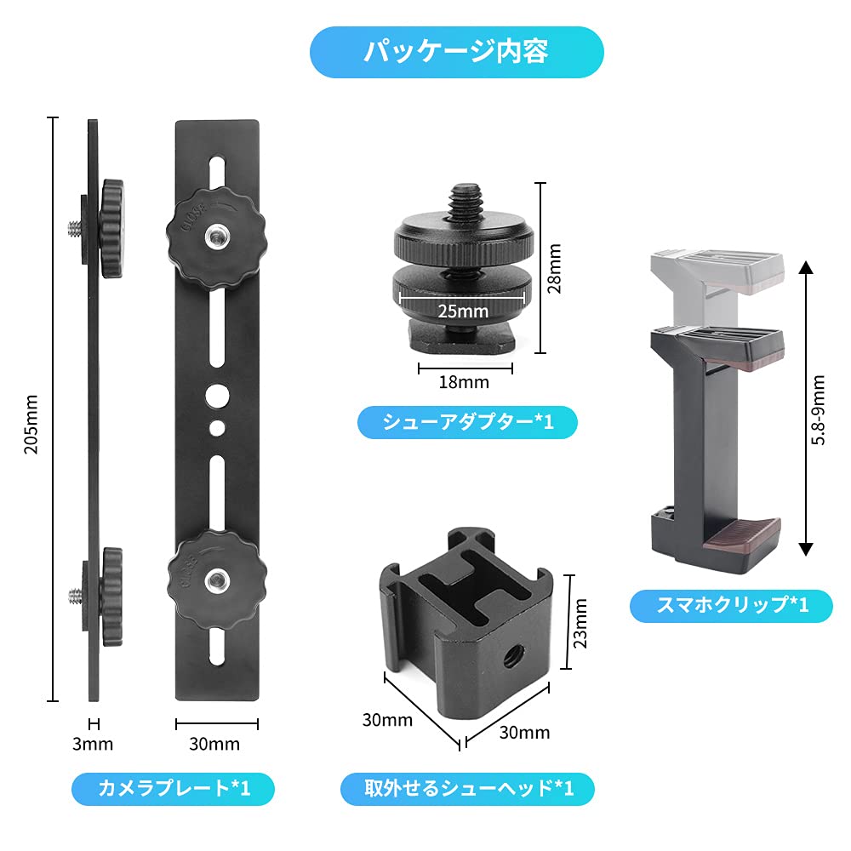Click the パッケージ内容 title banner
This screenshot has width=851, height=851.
pos(456,52)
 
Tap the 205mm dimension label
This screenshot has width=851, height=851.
pos(31,424)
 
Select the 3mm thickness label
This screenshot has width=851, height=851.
pos(93,744)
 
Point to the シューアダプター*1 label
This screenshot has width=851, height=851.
pos(466,422)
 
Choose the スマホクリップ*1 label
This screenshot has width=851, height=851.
pos(731,605)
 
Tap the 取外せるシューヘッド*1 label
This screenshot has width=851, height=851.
pos(467,789)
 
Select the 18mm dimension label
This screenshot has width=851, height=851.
pos(465,381)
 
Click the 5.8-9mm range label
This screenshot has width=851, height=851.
pos(819,410)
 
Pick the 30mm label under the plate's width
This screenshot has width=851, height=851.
pos(214,744)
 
